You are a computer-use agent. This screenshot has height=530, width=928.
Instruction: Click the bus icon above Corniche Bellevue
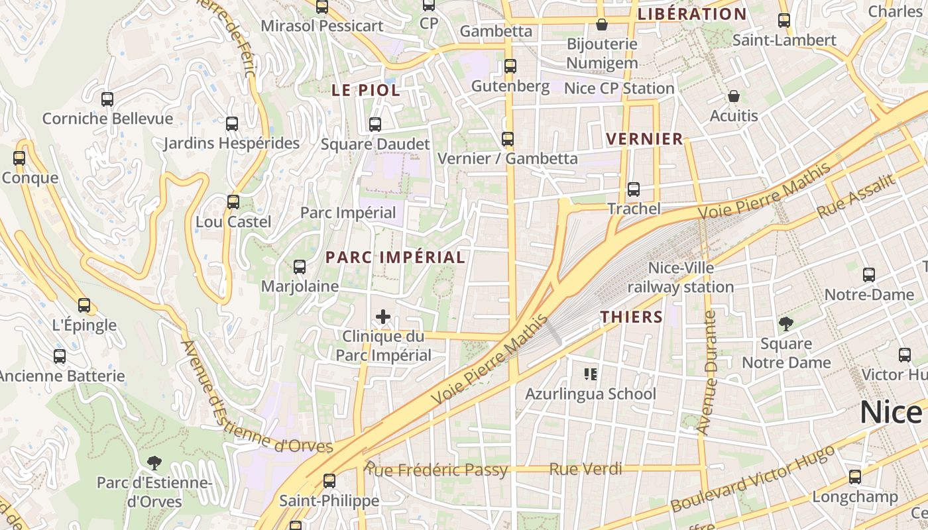click(107, 99)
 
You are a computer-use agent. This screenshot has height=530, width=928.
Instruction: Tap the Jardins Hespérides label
click(231, 143)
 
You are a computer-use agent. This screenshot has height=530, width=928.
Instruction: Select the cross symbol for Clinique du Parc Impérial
click(383, 317)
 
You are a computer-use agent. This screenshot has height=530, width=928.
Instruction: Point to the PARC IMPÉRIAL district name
click(395, 258)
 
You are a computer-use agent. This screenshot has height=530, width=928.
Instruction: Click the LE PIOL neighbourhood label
click(366, 91)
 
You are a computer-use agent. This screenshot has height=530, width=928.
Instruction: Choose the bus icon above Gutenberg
click(510, 66)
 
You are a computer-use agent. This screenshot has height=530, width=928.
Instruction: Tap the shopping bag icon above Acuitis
click(733, 97)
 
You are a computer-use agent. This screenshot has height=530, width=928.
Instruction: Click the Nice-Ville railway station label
click(681, 278)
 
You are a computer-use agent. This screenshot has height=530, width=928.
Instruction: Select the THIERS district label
click(632, 317)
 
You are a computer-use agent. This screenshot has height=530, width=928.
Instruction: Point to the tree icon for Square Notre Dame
click(786, 324)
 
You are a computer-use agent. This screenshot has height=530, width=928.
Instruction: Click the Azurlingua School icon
click(591, 374)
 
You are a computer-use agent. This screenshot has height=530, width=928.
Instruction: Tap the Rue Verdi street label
click(585, 469)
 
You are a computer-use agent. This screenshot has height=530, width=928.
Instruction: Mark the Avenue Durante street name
click(708, 372)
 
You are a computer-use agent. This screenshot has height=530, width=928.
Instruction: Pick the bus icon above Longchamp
click(855, 477)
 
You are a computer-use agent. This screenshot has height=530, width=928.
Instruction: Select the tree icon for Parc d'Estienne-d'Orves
click(154, 462)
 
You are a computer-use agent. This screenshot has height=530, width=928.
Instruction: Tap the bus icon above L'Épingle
click(84, 305)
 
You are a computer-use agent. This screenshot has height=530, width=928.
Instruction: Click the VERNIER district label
click(644, 139)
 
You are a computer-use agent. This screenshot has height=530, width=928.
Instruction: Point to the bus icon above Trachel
click(634, 189)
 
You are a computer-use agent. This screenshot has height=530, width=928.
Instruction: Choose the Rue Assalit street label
click(856, 197)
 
